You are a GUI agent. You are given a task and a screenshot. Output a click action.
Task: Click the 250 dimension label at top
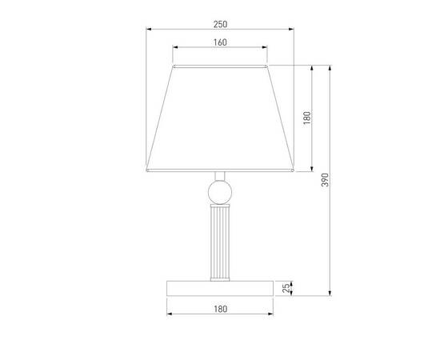pos(220,25)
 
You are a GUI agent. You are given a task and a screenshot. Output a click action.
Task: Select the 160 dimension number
pos(220,42)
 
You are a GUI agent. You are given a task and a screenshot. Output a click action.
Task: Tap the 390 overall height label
pos(325,180)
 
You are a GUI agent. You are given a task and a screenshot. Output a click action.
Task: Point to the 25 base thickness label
pos(286,288)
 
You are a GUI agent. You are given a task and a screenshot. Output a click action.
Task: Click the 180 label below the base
pos(220,309)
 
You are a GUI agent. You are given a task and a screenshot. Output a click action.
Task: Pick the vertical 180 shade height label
pos(307,118)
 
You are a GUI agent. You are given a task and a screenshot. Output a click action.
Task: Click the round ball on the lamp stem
pos(220,192)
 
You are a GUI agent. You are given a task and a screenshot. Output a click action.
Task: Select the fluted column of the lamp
pos(220,242)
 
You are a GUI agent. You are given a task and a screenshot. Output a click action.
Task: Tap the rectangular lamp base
pos(220,288)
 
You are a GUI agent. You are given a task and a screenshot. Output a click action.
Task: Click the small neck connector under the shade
pos(220,176)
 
